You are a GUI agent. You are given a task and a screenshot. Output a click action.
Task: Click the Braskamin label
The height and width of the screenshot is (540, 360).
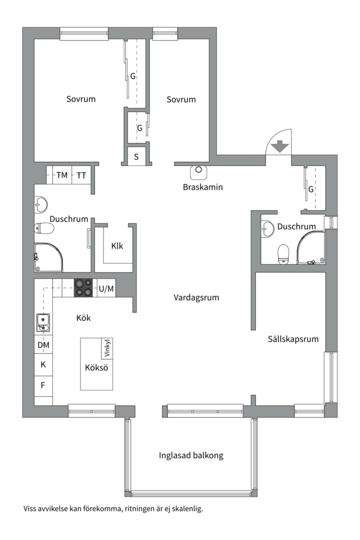tap(202, 187)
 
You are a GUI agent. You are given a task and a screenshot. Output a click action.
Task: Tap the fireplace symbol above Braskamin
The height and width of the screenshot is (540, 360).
tap(198, 171)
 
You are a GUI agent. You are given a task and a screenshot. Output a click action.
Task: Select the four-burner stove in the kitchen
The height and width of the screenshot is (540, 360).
tap(83, 288)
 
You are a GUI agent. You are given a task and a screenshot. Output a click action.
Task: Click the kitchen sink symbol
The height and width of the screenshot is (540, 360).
tap(43, 322)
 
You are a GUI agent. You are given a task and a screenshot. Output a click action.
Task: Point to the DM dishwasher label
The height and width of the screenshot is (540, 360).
tap(43, 345)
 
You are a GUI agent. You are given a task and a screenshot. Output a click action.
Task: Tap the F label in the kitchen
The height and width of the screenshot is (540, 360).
tap(43, 385)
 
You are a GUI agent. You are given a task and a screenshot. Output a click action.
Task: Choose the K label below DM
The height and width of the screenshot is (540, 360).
tap(43, 364)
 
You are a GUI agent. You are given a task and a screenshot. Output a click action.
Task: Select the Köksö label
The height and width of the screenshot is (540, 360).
tap(96, 368)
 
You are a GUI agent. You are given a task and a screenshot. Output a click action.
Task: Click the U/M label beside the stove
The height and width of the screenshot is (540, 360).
tap(106, 288)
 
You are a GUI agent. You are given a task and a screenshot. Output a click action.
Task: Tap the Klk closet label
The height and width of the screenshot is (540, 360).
tap(117, 246)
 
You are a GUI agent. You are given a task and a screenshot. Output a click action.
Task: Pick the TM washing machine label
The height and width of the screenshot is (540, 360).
tap(62, 175)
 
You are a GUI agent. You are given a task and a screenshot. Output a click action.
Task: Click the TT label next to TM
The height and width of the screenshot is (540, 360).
tap(81, 175)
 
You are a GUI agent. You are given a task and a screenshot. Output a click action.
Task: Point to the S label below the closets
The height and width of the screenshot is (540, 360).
tap(136, 156)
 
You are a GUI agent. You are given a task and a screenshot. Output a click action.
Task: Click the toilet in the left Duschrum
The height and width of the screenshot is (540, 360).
tap(44, 229)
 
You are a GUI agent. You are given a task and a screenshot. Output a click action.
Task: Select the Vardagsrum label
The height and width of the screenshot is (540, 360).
tap(196, 297)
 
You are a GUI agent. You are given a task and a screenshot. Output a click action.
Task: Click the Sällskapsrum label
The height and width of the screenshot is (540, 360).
tap(292, 339)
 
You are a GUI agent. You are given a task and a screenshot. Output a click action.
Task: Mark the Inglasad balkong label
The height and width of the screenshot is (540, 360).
tap(191, 455)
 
